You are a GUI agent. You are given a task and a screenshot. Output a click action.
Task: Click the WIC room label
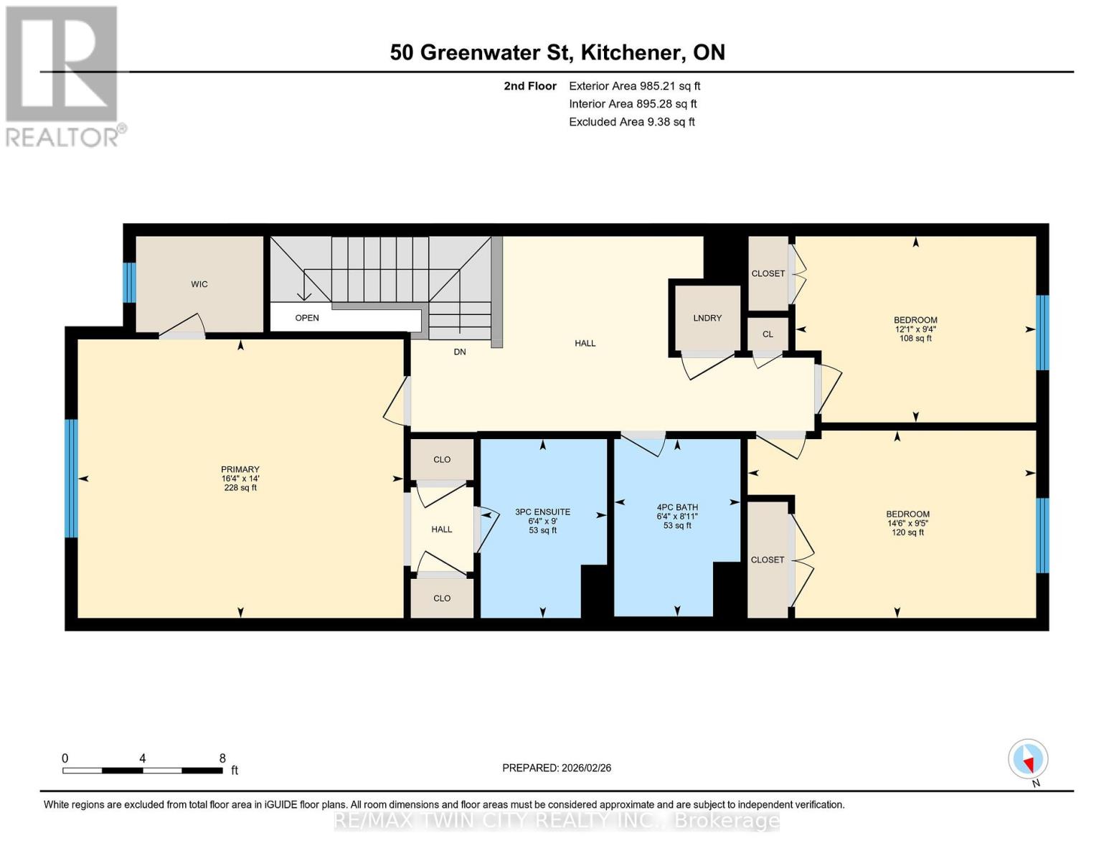199,284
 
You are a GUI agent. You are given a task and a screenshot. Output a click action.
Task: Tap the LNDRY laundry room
707,318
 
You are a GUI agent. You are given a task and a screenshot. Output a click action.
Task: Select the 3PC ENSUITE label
542,512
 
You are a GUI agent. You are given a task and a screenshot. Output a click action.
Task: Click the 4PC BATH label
677,507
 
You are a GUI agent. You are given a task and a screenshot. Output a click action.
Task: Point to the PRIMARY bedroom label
240,470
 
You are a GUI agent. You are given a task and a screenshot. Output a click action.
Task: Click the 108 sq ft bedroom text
915,339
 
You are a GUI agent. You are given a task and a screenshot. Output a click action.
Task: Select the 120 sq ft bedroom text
907,532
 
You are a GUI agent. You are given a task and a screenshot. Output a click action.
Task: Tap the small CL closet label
768,334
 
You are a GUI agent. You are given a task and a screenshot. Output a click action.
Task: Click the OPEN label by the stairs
307,318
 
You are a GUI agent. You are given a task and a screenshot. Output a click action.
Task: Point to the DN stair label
460,352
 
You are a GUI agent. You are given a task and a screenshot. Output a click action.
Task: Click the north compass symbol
1028,759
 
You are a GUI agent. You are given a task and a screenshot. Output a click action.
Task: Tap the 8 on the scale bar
222,758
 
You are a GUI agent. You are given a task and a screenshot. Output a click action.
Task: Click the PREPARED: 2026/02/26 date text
557,768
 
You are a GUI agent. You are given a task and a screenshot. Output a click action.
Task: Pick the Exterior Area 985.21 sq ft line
634,86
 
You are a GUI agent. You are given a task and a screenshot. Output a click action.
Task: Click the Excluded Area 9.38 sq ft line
631,122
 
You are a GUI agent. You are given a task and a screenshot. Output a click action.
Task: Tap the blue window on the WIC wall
129,283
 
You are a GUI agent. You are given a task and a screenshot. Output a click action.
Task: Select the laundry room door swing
707,365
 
